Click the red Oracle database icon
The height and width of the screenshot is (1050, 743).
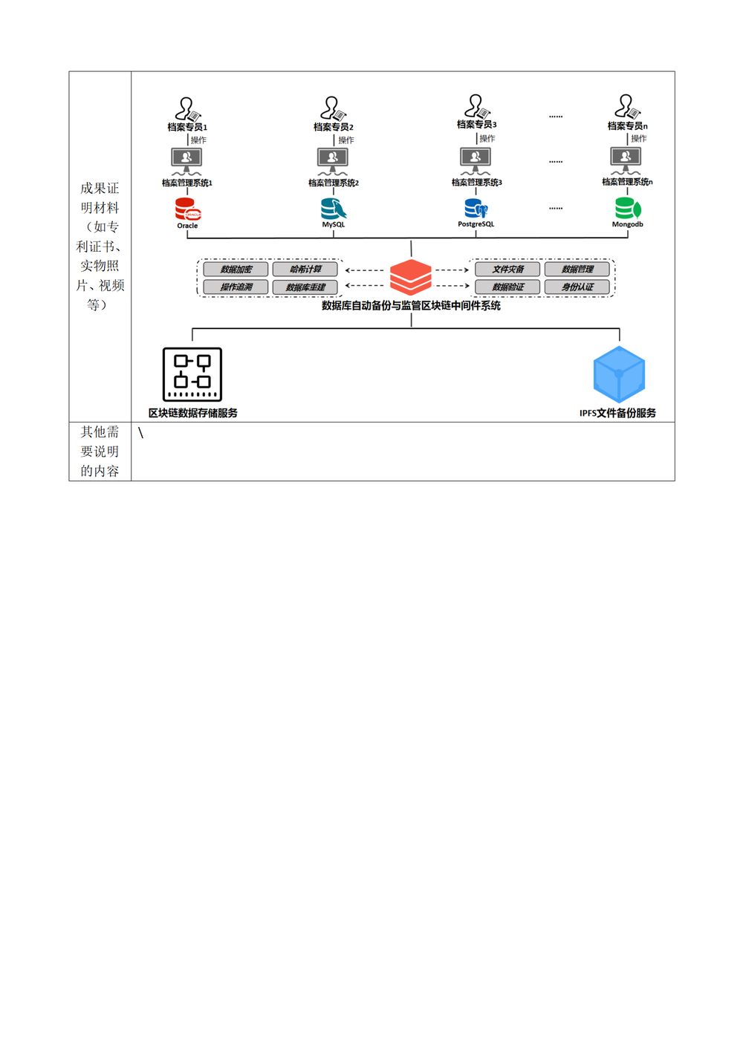tap(188, 209)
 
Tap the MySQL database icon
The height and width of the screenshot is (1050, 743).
tap(334, 209)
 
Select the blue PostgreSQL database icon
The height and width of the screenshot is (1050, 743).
tap(476, 209)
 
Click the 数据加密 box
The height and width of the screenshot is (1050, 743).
tap(236, 269)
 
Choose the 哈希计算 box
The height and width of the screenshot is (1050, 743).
tap(305, 269)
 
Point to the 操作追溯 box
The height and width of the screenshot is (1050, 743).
tap(236, 287)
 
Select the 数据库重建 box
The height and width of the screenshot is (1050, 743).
tap(305, 287)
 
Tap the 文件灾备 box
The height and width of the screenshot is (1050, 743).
tap(508, 269)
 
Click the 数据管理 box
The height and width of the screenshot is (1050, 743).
tap(577, 269)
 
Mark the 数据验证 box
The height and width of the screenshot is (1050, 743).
tap(508, 287)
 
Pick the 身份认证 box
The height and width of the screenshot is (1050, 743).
tap(577, 287)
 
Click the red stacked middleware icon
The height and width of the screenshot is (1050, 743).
tap(411, 278)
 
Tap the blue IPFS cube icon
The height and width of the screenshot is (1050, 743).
tap(619, 374)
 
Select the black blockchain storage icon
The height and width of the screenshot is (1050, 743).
tap(192, 374)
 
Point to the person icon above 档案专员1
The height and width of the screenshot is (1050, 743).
tap(188, 109)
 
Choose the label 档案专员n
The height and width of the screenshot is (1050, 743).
tap(628, 126)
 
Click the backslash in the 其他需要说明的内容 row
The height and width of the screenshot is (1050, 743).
tap(140, 433)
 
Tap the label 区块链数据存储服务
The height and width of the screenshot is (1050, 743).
tap(192, 413)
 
